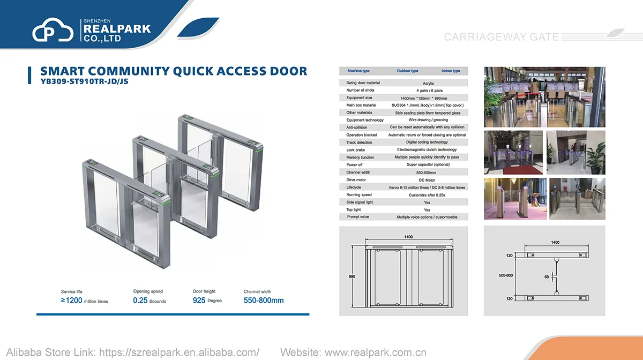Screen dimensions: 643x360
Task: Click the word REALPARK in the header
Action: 117,29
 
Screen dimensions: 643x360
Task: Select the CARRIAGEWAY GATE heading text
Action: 501,37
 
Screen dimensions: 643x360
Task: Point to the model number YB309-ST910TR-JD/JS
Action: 84,82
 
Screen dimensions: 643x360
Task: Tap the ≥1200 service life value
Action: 72,301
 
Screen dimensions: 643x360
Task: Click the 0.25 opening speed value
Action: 140,301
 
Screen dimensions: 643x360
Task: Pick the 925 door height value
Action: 199,301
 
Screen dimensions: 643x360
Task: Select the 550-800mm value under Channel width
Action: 264,301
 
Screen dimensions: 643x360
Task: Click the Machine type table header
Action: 358,71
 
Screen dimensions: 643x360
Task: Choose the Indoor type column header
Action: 451,71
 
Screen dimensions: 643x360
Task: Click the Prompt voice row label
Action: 357,217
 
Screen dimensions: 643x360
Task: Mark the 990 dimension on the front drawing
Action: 352,276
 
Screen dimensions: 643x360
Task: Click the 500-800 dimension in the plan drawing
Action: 505,275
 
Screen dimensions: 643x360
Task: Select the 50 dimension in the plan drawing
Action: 547,277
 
